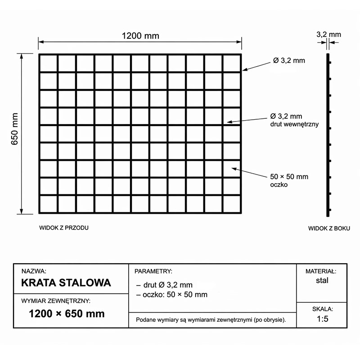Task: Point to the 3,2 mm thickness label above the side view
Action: [x=328, y=34]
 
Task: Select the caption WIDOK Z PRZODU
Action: [x=64, y=228]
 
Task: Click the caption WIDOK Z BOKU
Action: [x=329, y=228]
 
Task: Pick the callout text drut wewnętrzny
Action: [x=295, y=124]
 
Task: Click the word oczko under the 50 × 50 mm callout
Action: [x=279, y=184]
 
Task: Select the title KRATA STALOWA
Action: [x=66, y=283]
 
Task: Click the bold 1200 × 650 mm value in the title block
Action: [x=67, y=313]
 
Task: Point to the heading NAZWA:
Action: [x=34, y=272]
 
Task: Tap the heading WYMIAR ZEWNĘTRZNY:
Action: [x=56, y=300]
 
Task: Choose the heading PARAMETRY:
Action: [x=153, y=272]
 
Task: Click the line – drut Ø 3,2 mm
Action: [x=164, y=285]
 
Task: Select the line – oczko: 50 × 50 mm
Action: [x=171, y=295]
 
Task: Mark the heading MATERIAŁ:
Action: [x=321, y=272]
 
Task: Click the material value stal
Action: [x=322, y=280]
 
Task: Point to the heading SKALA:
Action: [x=322, y=309]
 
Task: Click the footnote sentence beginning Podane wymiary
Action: [x=211, y=320]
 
